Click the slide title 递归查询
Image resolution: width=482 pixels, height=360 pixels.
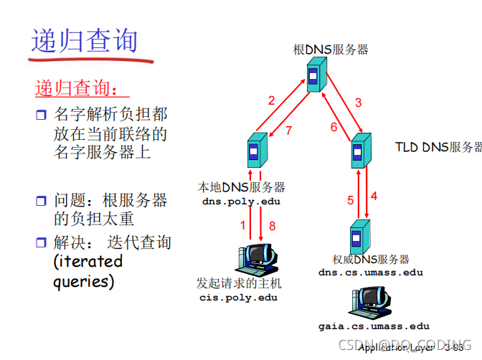click(x=84, y=41)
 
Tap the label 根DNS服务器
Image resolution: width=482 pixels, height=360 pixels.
click(x=331, y=50)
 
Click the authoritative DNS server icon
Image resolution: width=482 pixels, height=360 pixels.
click(x=359, y=237)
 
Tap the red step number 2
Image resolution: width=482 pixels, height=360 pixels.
click(x=271, y=100)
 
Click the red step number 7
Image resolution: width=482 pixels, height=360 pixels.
click(x=288, y=131)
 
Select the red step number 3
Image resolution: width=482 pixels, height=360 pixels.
click(x=359, y=102)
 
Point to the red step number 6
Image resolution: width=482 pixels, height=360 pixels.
click(x=334, y=128)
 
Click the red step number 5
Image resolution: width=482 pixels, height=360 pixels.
click(x=351, y=200)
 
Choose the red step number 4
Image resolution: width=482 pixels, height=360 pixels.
click(x=374, y=194)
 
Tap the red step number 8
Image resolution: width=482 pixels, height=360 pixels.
click(x=272, y=226)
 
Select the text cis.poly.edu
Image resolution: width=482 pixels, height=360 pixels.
click(x=238, y=297)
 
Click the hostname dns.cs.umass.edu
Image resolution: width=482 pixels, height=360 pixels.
click(x=371, y=272)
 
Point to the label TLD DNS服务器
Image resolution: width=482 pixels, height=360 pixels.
click(x=438, y=147)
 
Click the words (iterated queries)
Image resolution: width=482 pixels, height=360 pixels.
click(x=88, y=270)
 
